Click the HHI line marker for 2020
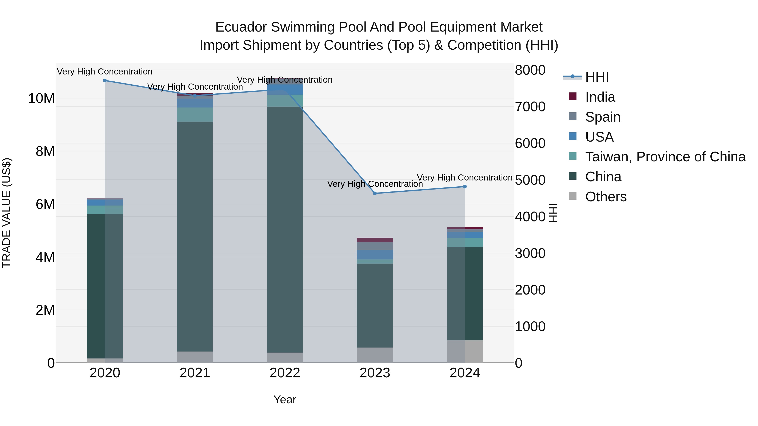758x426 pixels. click(105, 81)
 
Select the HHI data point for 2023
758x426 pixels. click(375, 194)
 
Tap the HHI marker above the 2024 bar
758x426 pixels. click(465, 187)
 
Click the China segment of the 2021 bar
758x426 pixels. click(195, 235)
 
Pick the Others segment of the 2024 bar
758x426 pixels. click(465, 351)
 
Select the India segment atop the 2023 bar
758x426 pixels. click(375, 240)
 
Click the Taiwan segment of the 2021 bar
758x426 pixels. click(195, 115)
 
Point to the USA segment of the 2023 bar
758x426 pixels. click(375, 255)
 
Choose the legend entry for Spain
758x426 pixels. click(603, 117)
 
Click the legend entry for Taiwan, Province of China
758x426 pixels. click(665, 157)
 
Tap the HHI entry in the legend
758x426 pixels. click(597, 77)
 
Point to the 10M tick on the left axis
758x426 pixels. click(41, 98)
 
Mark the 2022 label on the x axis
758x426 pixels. click(284, 373)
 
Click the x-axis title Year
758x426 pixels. click(284, 399)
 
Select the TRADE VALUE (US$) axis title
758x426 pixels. click(7, 213)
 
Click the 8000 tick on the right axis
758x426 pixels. click(530, 70)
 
